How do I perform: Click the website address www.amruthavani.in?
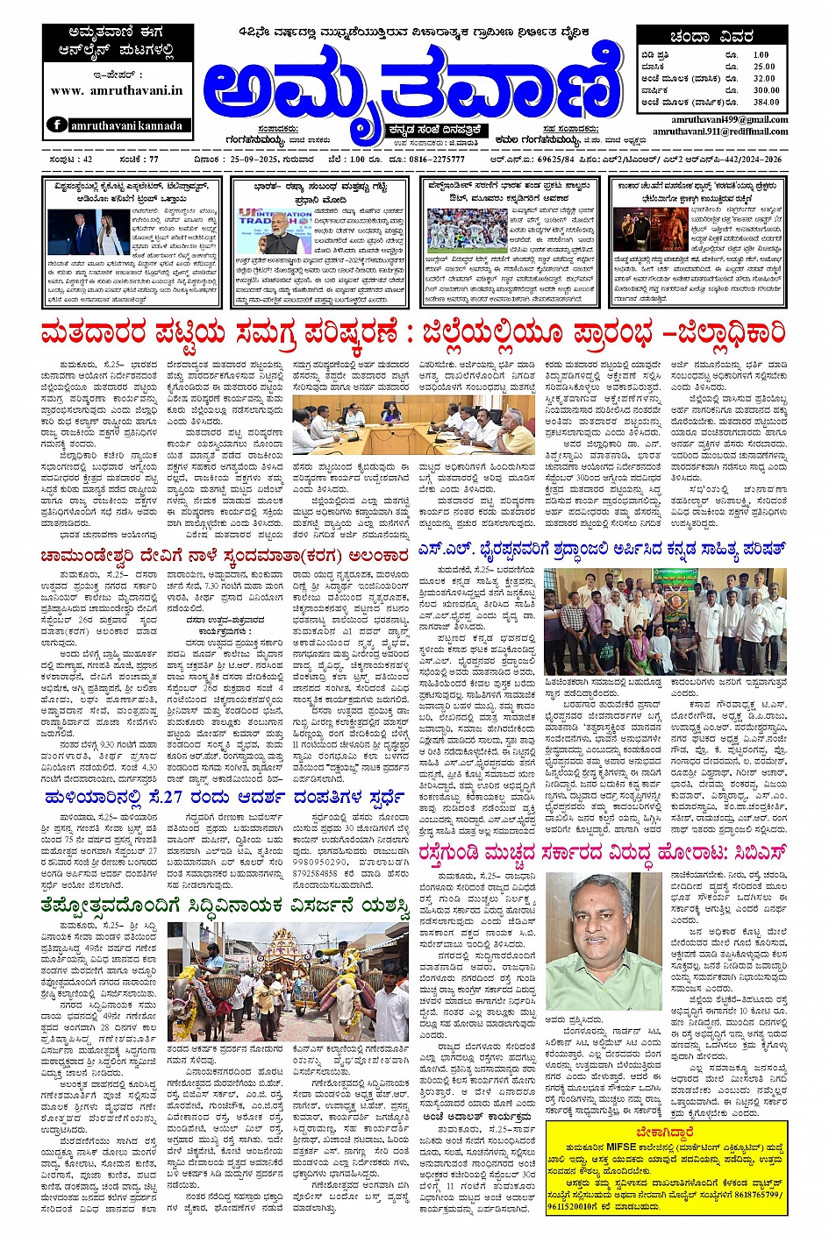[x=117, y=90]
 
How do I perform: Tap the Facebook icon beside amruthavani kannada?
[x=58, y=125]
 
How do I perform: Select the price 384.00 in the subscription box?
[x=765, y=102]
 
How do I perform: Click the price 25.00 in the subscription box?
[x=763, y=67]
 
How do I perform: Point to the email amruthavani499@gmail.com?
[x=730, y=119]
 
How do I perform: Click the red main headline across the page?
[x=413, y=334]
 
